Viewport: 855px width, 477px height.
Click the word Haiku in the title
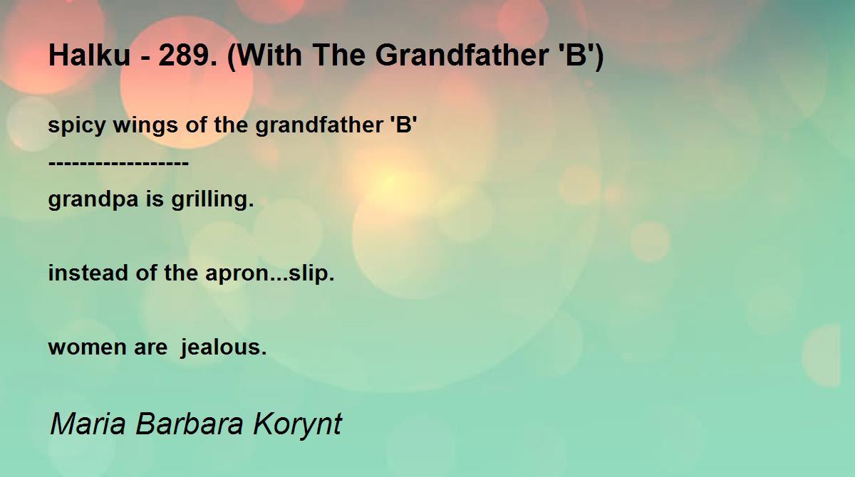(x=90, y=55)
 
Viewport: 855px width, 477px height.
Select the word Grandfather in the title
(x=462, y=55)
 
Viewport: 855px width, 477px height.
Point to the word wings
(x=145, y=126)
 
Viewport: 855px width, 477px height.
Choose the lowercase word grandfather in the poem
(x=319, y=125)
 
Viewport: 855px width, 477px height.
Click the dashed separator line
(x=119, y=163)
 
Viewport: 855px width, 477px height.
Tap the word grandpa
(x=93, y=200)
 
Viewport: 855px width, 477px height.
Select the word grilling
(x=212, y=199)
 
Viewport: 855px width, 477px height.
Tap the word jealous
(x=223, y=347)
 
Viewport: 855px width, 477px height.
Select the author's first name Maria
(x=88, y=424)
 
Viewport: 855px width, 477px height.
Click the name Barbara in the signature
(x=190, y=423)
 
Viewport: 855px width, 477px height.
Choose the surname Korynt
(x=297, y=424)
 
